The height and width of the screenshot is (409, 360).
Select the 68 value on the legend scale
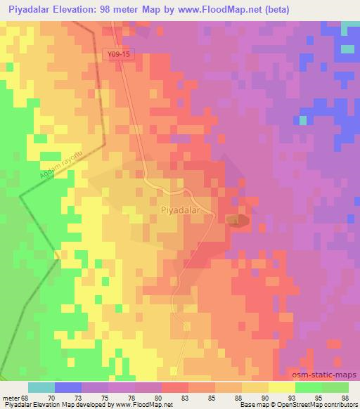point(24,398)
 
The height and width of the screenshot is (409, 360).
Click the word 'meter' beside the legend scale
point(10,398)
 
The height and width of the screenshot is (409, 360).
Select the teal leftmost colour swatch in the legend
point(41,387)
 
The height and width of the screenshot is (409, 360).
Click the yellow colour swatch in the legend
point(282,387)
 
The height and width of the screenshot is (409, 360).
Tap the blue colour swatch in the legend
point(68,387)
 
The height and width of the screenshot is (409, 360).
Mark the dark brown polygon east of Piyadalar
point(238,221)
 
